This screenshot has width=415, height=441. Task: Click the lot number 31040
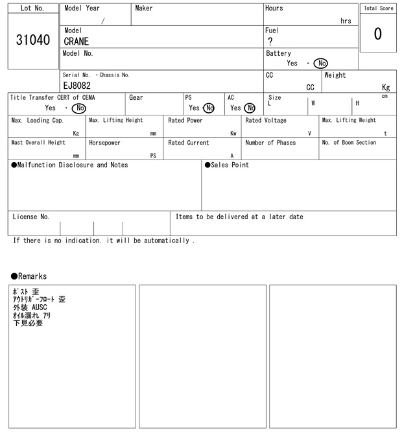(x=32, y=40)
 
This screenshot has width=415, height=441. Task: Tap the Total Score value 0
(x=377, y=34)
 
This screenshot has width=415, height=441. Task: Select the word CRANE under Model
(x=76, y=42)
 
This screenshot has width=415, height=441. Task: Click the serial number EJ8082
(x=77, y=86)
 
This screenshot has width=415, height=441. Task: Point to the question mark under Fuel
(x=270, y=42)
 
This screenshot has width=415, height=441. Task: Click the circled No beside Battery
(x=320, y=64)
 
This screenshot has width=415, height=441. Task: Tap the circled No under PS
(x=208, y=108)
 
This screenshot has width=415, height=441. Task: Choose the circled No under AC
(x=250, y=108)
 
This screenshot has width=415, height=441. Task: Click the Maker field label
(x=144, y=8)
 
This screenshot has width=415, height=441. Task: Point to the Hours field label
(x=274, y=8)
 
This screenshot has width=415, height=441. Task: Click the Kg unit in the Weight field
(x=386, y=87)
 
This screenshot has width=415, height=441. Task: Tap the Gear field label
(x=136, y=97)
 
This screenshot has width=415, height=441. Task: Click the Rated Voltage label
(x=266, y=121)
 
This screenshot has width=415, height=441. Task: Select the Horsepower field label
(x=104, y=143)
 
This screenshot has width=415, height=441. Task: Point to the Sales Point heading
(x=227, y=165)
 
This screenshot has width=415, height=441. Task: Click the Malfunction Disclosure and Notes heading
(x=69, y=165)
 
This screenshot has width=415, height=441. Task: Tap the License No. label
(x=30, y=217)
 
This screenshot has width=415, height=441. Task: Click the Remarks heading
(x=29, y=276)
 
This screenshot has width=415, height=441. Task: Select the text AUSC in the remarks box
(x=43, y=307)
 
